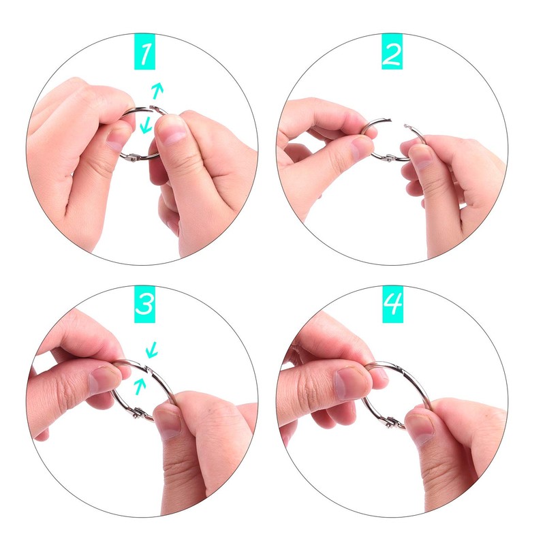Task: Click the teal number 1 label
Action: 144,52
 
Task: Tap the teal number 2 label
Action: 392,52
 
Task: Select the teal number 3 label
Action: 144,305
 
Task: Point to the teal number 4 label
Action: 393,305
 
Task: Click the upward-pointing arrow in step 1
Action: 157,91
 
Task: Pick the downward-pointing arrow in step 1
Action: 146,125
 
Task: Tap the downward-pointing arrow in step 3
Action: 152,349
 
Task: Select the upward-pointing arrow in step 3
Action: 140,386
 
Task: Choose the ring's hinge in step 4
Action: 392,422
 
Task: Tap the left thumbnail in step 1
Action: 114,139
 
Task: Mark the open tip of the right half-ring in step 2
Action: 405,125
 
